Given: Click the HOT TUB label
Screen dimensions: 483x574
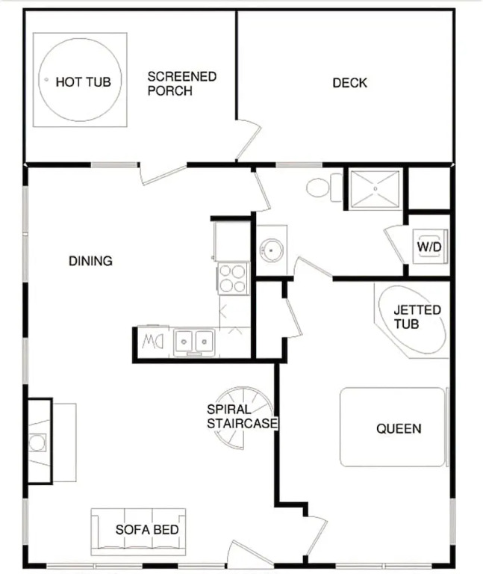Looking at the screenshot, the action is pyautogui.click(x=83, y=81).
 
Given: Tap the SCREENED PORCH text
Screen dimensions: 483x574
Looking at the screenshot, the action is pyautogui.click(x=181, y=84).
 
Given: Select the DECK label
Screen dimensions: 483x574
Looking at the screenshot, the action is pyautogui.click(x=349, y=83).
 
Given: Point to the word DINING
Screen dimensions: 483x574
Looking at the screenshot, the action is pyautogui.click(x=90, y=261).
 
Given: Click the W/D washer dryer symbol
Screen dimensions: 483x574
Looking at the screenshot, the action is pyautogui.click(x=430, y=247).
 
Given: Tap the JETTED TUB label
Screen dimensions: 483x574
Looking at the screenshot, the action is pyautogui.click(x=417, y=317).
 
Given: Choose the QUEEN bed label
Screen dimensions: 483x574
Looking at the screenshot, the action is pyautogui.click(x=399, y=428).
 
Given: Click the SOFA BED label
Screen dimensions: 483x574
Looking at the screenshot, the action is pyautogui.click(x=147, y=529).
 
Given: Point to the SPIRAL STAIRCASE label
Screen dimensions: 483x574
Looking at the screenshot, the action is pyautogui.click(x=242, y=416).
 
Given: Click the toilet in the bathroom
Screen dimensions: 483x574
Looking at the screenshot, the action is pyautogui.click(x=324, y=188).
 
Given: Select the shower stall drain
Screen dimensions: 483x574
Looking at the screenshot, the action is pyautogui.click(x=376, y=189).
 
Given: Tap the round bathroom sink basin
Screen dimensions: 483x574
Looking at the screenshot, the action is pyautogui.click(x=271, y=250).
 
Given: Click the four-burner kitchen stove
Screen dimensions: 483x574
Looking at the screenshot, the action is pyautogui.click(x=233, y=278).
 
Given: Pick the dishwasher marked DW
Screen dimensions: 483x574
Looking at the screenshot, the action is pyautogui.click(x=153, y=342).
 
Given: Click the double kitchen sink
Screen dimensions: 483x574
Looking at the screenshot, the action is pyautogui.click(x=194, y=342).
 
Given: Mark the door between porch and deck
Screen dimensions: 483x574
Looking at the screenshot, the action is pyautogui.click(x=249, y=139).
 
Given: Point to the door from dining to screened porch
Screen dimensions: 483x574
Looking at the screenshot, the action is pyautogui.click(x=163, y=174).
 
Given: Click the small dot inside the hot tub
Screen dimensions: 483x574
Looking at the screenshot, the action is pyautogui.click(x=46, y=79).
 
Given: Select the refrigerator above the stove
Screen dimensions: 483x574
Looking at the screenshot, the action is pyautogui.click(x=232, y=240).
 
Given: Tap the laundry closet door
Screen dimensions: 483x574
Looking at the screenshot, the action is pyautogui.click(x=395, y=246).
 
